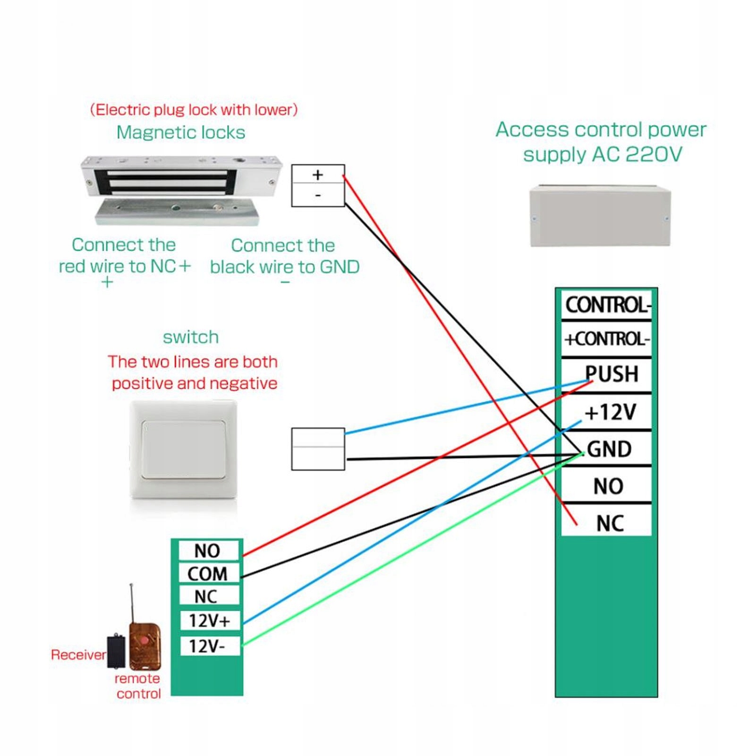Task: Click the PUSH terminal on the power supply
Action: (x=612, y=374)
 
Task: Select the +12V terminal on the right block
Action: (x=610, y=412)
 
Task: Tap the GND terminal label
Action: (x=609, y=449)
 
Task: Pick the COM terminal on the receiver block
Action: (x=208, y=574)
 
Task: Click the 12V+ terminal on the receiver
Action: (x=209, y=620)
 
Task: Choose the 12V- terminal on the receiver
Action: (x=207, y=646)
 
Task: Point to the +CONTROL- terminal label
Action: (x=607, y=339)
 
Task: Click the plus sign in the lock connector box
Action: (x=318, y=175)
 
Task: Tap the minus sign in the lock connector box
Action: (x=318, y=195)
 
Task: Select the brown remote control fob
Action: (x=145, y=646)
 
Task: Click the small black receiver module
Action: (x=116, y=651)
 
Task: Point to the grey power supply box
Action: (x=600, y=216)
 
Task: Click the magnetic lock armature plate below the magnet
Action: (x=177, y=212)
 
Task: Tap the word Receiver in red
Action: (x=78, y=655)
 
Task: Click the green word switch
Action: (x=191, y=337)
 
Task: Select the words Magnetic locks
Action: (x=181, y=133)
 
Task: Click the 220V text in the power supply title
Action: (x=654, y=154)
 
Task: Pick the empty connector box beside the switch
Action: (x=318, y=449)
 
